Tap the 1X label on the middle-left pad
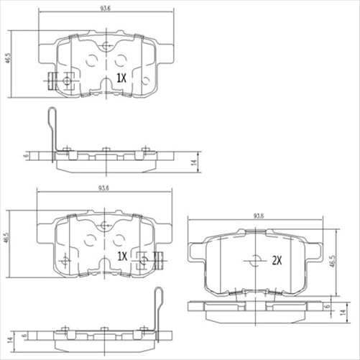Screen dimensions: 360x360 click(x=121, y=256)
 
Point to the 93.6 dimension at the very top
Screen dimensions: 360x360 click(x=106, y=10)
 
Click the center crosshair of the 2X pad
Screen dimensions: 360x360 click(x=254, y=262)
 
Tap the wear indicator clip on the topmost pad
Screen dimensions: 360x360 click(x=57, y=81)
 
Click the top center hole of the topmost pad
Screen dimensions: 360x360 click(x=106, y=47)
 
